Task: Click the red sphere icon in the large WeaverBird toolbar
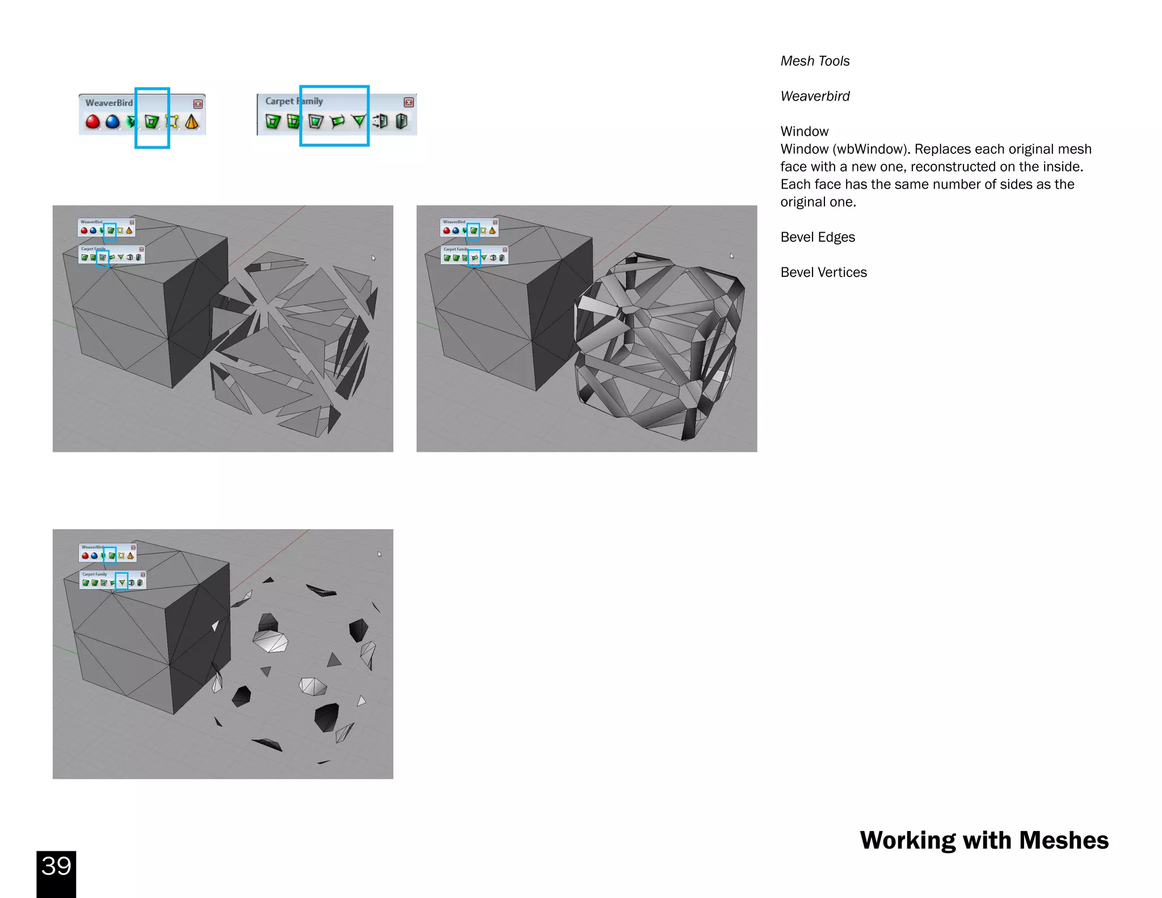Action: (92, 121)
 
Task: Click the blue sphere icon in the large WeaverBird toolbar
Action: (113, 121)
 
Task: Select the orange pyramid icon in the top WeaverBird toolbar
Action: (192, 121)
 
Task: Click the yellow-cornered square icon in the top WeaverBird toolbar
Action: (172, 121)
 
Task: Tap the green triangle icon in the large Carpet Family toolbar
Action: (359, 120)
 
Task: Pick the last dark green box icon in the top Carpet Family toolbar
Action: (402, 121)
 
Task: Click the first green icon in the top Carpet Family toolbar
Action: (273, 121)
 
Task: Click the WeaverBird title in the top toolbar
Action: (109, 103)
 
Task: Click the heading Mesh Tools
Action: (815, 61)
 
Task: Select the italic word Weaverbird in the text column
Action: (815, 96)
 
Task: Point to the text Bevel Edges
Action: (817, 237)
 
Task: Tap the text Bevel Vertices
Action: (823, 272)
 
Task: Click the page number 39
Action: (56, 866)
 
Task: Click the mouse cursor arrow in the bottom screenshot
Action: (380, 554)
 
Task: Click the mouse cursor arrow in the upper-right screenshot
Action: (732, 256)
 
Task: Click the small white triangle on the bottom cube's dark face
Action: (215, 626)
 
